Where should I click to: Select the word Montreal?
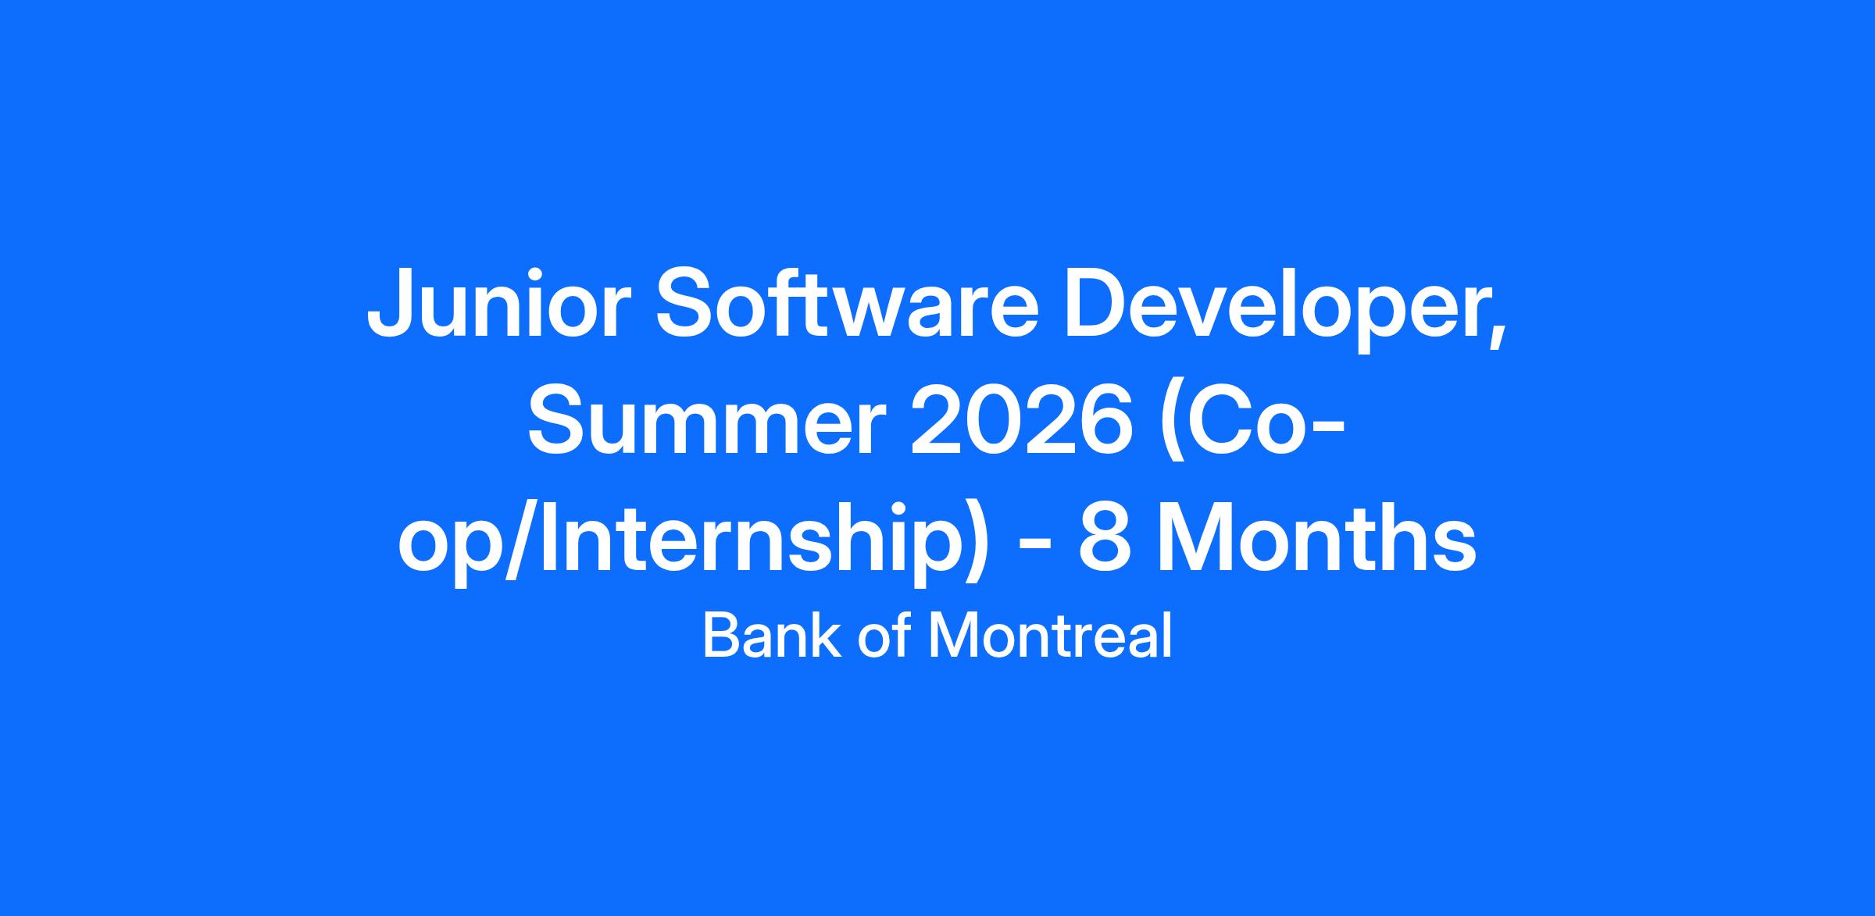[x=1050, y=636]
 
